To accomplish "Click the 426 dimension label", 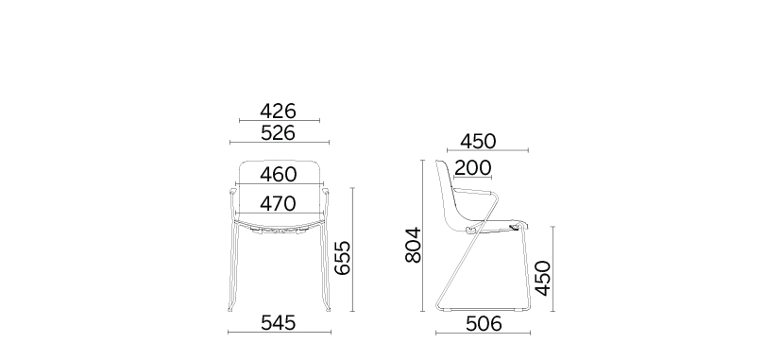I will pos(279,111).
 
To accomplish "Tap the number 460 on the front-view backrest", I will pos(279,174).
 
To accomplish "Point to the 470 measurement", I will pos(279,202).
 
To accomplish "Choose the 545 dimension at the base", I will pos(279,322).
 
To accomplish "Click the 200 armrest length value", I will pos(472,168).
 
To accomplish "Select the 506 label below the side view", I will pos(483,323).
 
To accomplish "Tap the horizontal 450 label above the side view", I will pos(478,141).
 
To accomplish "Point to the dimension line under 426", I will pos(279,121).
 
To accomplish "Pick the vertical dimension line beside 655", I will pos(352,250).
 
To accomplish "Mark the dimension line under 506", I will pos(483,334).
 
